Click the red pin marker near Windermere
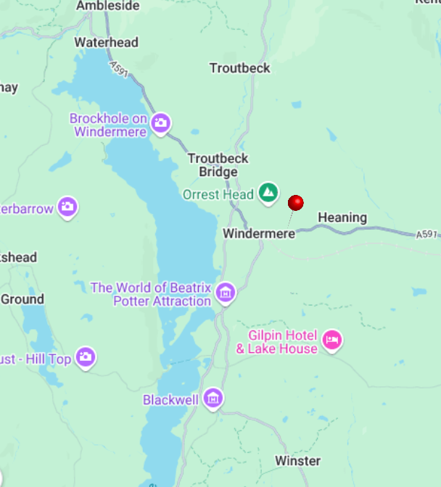coord(295,203)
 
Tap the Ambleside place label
coord(107,6)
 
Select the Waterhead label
coord(106,43)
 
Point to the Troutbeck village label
coord(239,68)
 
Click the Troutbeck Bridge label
coord(218,165)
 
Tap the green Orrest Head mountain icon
coord(268,193)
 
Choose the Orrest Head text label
coord(218,194)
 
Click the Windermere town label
coord(259,234)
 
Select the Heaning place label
coord(342,217)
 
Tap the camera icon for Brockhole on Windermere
coord(161,122)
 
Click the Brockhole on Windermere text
coord(109,125)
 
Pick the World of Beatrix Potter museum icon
coord(226,292)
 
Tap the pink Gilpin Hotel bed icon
coord(332,339)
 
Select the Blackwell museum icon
coord(213,398)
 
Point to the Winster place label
coord(297,461)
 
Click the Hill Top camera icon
coord(86,357)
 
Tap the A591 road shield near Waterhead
coord(120,68)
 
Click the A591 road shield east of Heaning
coord(428,234)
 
